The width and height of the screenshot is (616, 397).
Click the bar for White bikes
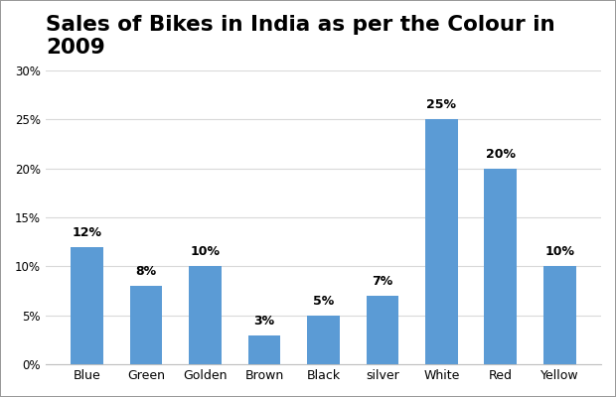pyautogui.click(x=441, y=241)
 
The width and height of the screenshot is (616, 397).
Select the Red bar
pyautogui.click(x=500, y=266)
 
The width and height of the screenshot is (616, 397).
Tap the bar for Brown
pyautogui.click(x=264, y=350)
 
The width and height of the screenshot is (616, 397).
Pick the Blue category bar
pyautogui.click(x=86, y=306)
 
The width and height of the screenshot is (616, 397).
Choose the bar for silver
pyautogui.click(x=383, y=330)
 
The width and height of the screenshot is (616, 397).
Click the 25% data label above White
pyautogui.click(x=441, y=104)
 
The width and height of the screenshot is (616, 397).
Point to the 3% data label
pyautogui.click(x=264, y=321)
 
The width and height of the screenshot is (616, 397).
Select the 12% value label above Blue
pyautogui.click(x=86, y=232)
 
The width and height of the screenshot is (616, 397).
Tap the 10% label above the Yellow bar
pyautogui.click(x=559, y=251)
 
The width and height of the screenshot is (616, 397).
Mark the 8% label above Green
pyautogui.click(x=146, y=271)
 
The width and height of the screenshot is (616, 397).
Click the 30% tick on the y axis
pyautogui.click(x=28, y=71)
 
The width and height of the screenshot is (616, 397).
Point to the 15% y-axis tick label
pyautogui.click(x=28, y=218)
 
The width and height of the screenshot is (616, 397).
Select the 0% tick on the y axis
pyautogui.click(x=32, y=365)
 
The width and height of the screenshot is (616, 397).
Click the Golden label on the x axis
pyautogui.click(x=205, y=375)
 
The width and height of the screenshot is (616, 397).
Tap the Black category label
pyautogui.click(x=323, y=375)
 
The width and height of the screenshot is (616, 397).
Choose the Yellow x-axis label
pyautogui.click(x=559, y=375)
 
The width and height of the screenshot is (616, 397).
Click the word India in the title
pyautogui.click(x=280, y=24)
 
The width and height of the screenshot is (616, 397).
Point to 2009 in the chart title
pyautogui.click(x=76, y=47)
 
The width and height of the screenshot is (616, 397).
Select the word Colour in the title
pyautogui.click(x=485, y=24)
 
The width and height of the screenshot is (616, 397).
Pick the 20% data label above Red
pyautogui.click(x=501, y=154)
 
